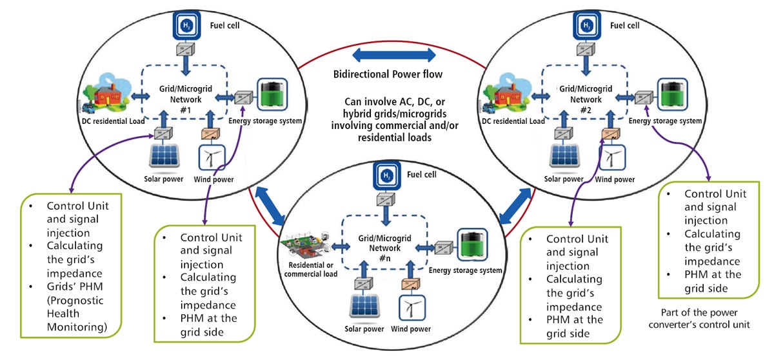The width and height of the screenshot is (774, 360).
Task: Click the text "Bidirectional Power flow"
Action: point(388,74)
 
